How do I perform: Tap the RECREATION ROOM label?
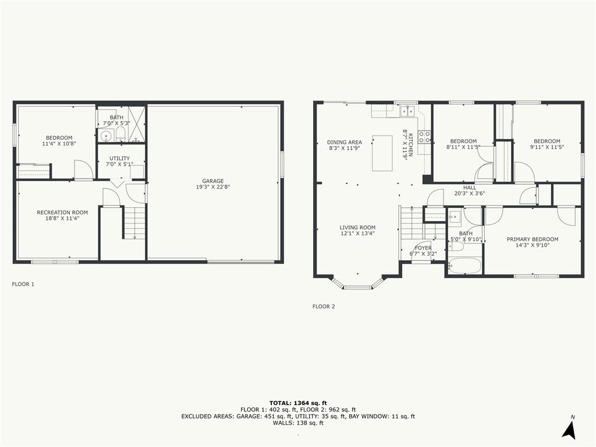[x=62, y=212]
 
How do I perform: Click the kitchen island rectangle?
[x=382, y=153]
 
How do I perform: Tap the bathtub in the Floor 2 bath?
[x=464, y=266]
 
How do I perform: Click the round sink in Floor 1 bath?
[x=106, y=137]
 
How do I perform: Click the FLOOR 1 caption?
[x=23, y=285]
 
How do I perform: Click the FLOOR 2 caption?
[x=324, y=306]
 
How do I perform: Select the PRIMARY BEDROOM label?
[x=532, y=239]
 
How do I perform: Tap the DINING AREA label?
[x=344, y=142]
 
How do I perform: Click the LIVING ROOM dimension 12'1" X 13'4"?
[x=357, y=233]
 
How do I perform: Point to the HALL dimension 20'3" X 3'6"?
[x=469, y=194]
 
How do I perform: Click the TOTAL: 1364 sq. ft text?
[x=297, y=403]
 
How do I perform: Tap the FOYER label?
[x=423, y=248]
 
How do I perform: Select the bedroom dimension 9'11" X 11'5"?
[x=547, y=147]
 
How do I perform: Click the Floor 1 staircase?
[x=134, y=222]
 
